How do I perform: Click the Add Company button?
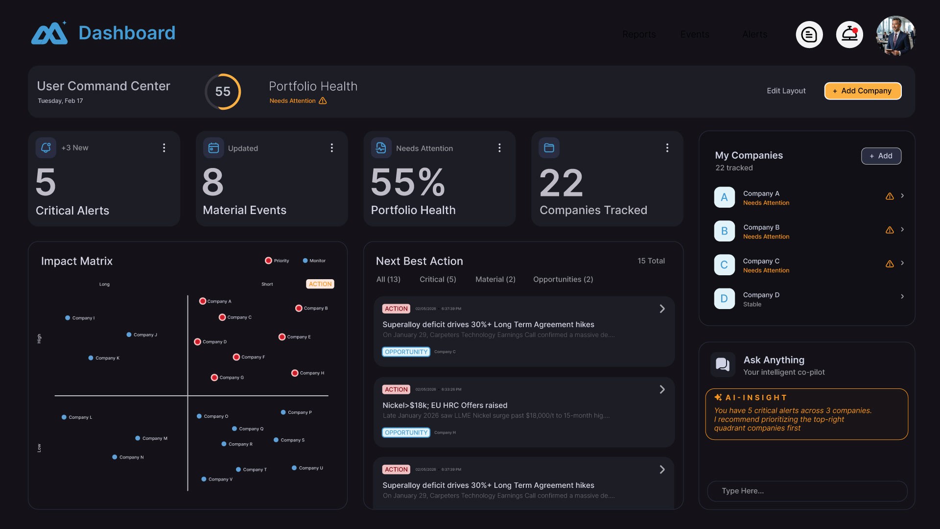(863, 91)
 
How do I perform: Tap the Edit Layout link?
(786, 91)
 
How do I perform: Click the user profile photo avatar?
(895, 35)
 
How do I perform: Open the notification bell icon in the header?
(849, 35)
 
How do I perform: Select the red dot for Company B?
(299, 308)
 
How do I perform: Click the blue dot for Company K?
(91, 358)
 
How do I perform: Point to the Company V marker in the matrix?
(204, 479)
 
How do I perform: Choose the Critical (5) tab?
(438, 279)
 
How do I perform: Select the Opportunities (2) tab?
(563, 279)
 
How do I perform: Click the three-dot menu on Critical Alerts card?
(164, 148)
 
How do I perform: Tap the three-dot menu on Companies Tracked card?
(667, 148)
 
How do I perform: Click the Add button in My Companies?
(881, 156)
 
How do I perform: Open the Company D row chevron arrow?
(902, 296)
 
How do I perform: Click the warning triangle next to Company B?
(890, 230)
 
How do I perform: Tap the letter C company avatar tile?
(724, 264)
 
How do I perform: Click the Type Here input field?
(807, 491)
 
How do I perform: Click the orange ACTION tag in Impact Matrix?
(320, 284)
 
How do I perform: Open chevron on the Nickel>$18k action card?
(662, 389)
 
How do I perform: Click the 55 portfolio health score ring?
(223, 92)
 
